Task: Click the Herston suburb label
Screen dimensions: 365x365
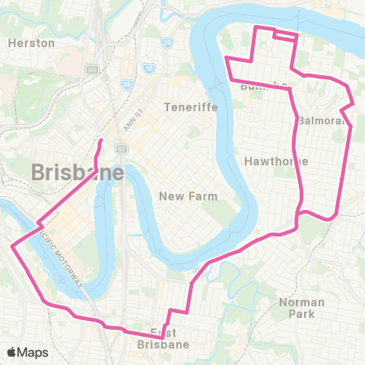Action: (x=31, y=43)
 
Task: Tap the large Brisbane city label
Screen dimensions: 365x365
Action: (x=78, y=173)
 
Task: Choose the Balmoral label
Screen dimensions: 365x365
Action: (x=322, y=121)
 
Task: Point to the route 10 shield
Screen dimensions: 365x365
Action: (x=149, y=68)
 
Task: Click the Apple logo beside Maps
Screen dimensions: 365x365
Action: (x=12, y=352)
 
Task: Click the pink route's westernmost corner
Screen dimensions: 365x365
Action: (x=11, y=246)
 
